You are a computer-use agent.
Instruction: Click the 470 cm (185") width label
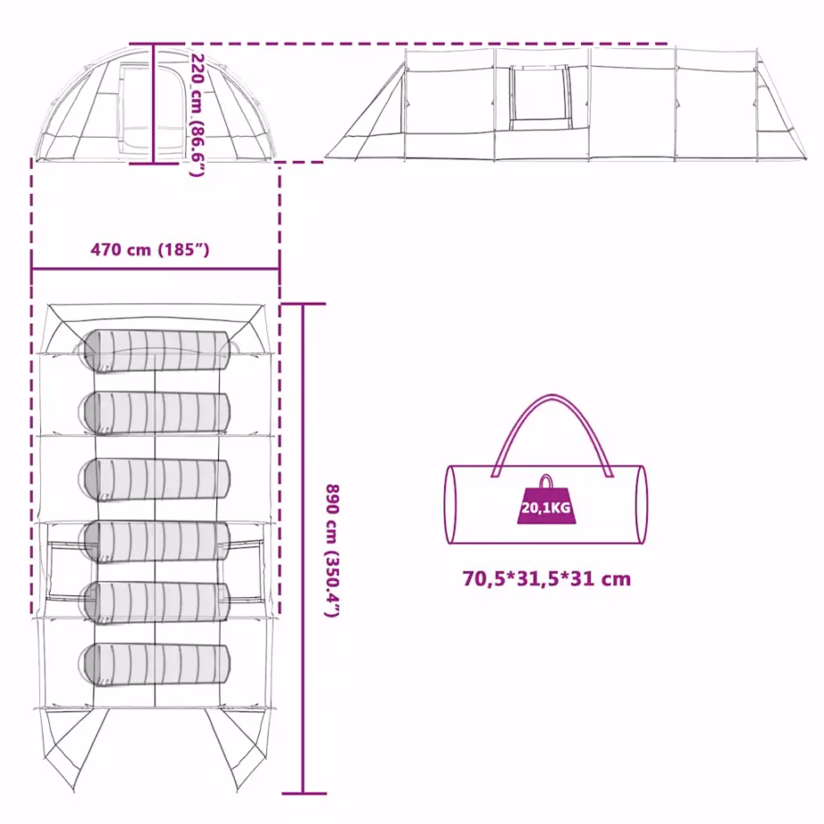click(x=150, y=249)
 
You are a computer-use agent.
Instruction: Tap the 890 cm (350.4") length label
click(x=332, y=551)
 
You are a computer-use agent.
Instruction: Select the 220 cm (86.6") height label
click(x=197, y=115)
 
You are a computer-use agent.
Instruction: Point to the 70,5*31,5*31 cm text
click(x=547, y=578)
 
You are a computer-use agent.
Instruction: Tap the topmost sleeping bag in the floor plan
click(x=155, y=351)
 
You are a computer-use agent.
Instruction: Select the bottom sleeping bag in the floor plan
click(x=155, y=664)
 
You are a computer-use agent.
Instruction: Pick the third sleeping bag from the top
click(x=155, y=479)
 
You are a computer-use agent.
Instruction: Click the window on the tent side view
click(x=539, y=97)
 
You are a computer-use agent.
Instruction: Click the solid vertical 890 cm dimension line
click(x=303, y=549)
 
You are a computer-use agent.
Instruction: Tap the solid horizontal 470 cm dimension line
click(x=156, y=269)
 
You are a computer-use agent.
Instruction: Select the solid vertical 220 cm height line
click(x=154, y=104)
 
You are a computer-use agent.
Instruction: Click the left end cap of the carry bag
click(x=451, y=504)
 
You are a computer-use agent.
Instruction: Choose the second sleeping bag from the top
click(x=155, y=414)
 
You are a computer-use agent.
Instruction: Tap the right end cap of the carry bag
click(x=641, y=504)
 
